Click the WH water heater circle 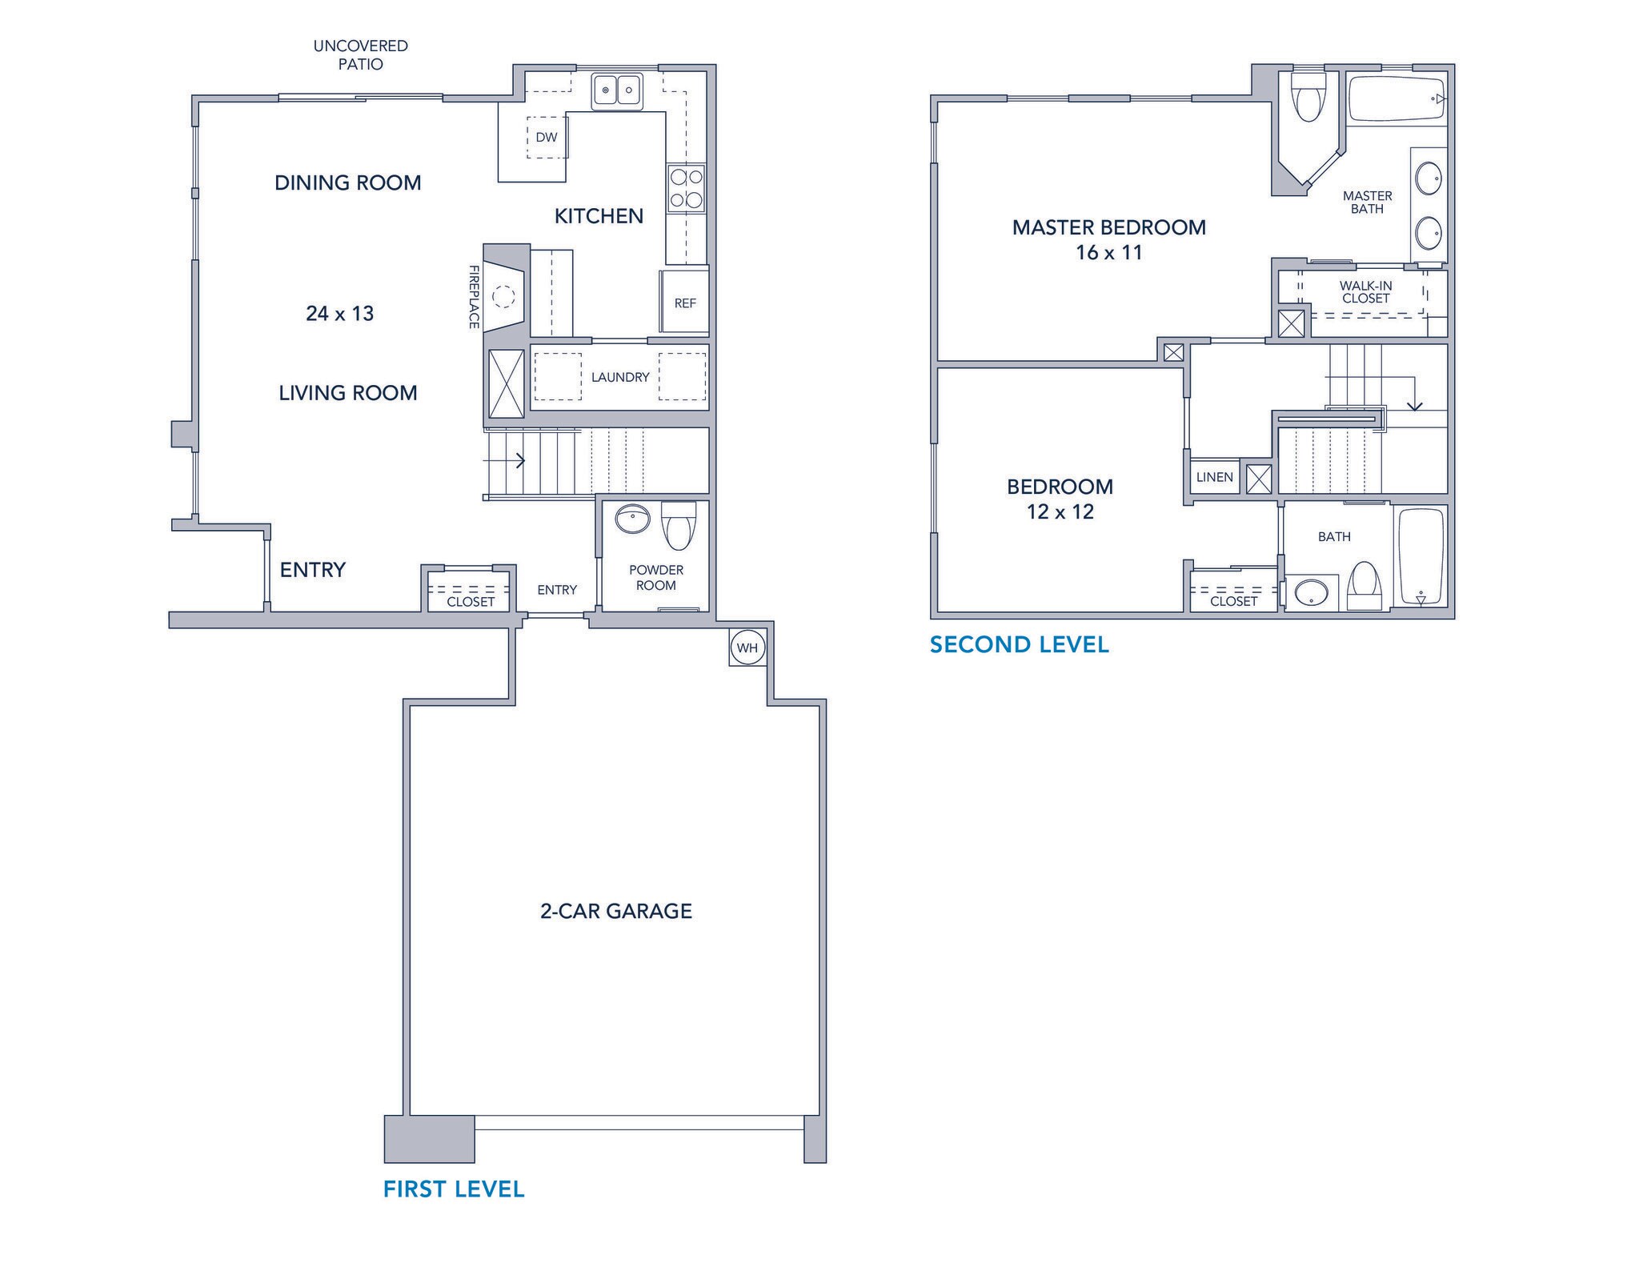click(747, 648)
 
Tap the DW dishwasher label click(547, 138)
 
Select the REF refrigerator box click(685, 303)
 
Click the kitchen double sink click(617, 90)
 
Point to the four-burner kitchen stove click(686, 188)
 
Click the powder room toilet click(679, 525)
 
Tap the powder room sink click(633, 519)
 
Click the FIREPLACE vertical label click(474, 297)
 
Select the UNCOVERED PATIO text click(360, 55)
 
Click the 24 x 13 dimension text click(340, 313)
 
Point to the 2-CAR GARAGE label click(615, 911)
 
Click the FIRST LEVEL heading click(454, 1189)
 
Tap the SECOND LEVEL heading click(1019, 645)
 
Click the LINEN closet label click(1214, 477)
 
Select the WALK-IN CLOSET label click(1366, 292)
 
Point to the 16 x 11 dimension click(1108, 253)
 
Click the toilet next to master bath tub click(1308, 98)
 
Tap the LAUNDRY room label click(620, 377)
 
